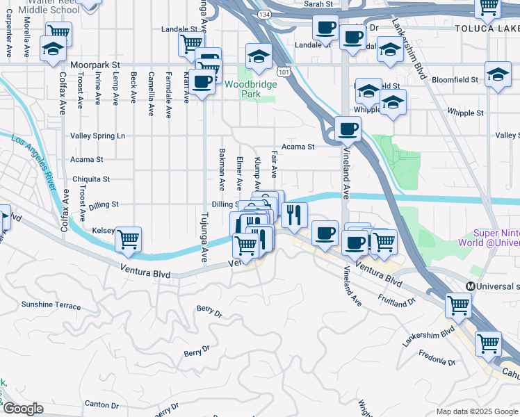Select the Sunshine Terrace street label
(x=51, y=305)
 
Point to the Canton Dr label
(x=101, y=404)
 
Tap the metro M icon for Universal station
(x=471, y=286)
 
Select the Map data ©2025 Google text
(x=477, y=411)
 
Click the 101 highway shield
(x=283, y=71)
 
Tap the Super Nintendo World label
(x=496, y=238)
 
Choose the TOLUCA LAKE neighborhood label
(x=487, y=28)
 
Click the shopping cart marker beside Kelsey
(x=128, y=240)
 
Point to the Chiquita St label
(x=90, y=179)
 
